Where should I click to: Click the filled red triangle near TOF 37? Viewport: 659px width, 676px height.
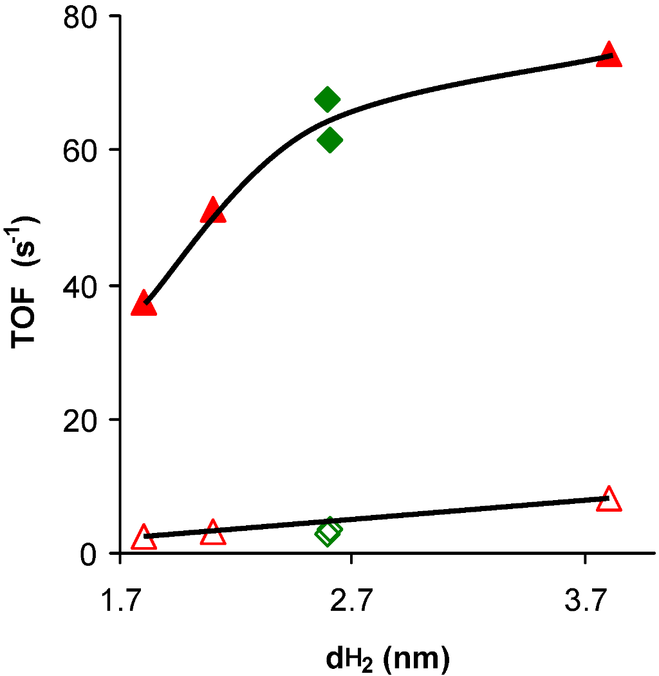[144, 304]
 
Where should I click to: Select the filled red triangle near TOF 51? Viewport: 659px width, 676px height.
[213, 211]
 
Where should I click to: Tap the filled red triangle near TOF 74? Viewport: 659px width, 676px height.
[609, 56]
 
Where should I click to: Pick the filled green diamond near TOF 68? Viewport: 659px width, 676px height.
[328, 99]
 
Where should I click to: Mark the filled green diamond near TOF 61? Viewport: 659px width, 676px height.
[329, 140]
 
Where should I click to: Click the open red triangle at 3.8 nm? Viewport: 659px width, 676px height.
[609, 500]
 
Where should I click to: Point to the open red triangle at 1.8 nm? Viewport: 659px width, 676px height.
[144, 537]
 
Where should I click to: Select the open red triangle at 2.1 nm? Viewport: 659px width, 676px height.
[213, 534]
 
